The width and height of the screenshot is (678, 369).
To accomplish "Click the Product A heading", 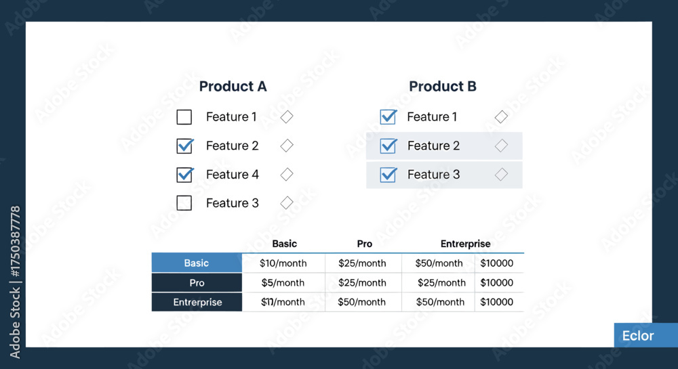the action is (233, 86).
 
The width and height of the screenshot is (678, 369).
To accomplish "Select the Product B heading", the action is (442, 86).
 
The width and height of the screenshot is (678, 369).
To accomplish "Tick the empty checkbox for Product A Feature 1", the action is (184, 117).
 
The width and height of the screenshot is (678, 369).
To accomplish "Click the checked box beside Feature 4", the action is (184, 175).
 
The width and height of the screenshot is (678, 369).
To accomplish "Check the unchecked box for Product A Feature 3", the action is (184, 203).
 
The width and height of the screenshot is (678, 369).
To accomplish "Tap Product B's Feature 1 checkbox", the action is (388, 117).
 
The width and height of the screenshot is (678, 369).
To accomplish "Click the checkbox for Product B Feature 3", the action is (388, 175).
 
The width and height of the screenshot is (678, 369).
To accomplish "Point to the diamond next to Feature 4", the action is (287, 175).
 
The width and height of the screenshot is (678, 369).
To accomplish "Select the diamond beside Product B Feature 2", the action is (501, 146).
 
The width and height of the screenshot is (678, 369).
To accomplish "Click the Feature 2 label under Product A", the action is (232, 146).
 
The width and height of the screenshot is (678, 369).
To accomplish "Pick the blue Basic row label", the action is (197, 263).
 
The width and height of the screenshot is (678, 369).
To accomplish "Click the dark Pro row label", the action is (197, 283).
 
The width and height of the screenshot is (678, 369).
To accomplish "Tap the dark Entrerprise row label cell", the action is (197, 302).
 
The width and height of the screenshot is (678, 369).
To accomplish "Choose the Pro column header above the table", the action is (365, 244).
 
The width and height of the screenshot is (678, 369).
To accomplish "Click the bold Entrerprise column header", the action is (465, 244).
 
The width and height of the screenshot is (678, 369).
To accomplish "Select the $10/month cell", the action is (283, 263).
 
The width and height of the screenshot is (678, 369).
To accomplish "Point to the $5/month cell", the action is (283, 283).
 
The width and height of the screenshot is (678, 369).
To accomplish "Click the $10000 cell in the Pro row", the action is (497, 283).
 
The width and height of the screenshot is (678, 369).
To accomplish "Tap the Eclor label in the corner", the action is (638, 336).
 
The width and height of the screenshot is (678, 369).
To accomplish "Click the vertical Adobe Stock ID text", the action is (15, 282).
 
